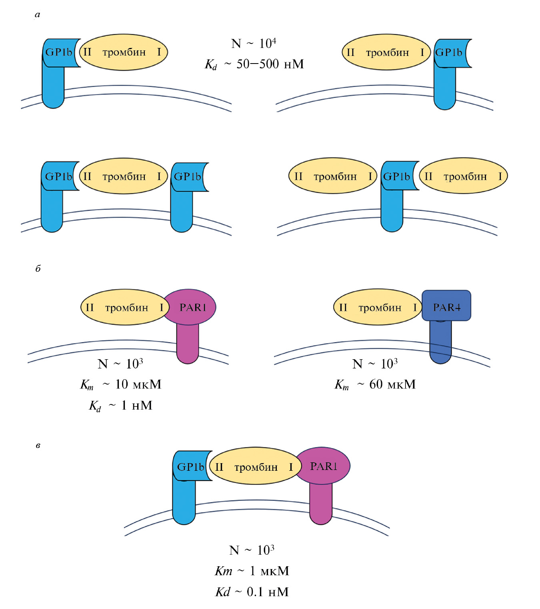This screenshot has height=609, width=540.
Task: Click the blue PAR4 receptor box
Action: point(446,306)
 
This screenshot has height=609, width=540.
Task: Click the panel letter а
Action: point(38,15)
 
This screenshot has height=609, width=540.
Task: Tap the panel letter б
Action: point(38,269)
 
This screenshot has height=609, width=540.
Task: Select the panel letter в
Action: point(38,445)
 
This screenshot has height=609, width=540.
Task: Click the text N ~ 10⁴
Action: point(254,43)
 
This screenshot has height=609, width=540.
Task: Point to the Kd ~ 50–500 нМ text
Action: point(254,64)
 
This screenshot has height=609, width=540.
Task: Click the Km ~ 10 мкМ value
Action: point(121,384)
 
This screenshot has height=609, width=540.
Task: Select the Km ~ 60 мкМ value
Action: point(375,384)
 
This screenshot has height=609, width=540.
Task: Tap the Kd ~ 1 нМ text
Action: point(121,406)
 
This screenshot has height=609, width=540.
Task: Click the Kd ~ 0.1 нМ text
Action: point(252,592)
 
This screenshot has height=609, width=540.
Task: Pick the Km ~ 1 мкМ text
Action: point(252,571)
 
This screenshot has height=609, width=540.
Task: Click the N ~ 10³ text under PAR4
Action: point(375,364)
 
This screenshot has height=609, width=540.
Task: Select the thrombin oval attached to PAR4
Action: point(378,307)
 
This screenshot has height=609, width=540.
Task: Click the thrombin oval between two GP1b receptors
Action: point(123,176)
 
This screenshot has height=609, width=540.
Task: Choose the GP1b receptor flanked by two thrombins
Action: point(396,176)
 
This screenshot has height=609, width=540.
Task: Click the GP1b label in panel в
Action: point(190,466)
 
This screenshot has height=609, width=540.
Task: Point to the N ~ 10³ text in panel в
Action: point(252,550)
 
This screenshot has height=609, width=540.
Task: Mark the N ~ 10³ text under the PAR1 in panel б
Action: point(120,364)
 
